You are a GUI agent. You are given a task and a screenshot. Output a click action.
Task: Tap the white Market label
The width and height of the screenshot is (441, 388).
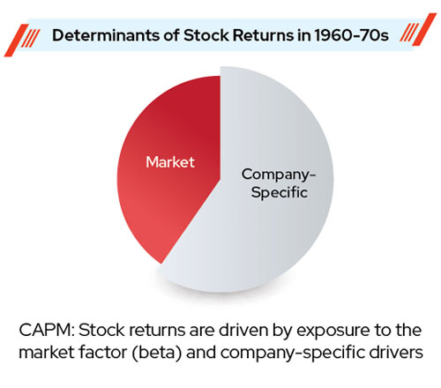[170, 162]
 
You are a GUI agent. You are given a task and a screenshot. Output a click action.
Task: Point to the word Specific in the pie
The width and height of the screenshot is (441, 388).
[280, 193]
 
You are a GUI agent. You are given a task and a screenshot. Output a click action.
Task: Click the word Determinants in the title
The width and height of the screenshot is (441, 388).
[116, 35]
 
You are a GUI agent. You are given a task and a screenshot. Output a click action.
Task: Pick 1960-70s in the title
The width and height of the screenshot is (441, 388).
[351, 35]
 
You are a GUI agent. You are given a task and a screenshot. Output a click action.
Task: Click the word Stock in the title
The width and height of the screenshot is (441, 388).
[206, 35]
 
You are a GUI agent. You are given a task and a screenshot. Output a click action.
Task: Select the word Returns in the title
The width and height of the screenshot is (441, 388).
[263, 35]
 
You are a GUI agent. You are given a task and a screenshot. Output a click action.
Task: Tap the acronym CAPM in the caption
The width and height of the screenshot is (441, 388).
[47, 330]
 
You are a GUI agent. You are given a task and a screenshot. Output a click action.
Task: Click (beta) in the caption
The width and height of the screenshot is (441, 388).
[156, 352]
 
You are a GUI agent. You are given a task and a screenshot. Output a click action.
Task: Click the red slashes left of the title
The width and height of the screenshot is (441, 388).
[22, 41]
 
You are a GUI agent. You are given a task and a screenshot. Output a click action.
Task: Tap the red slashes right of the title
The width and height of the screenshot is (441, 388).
[418, 30]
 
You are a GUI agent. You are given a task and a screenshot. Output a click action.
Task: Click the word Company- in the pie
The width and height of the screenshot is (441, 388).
[279, 175]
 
